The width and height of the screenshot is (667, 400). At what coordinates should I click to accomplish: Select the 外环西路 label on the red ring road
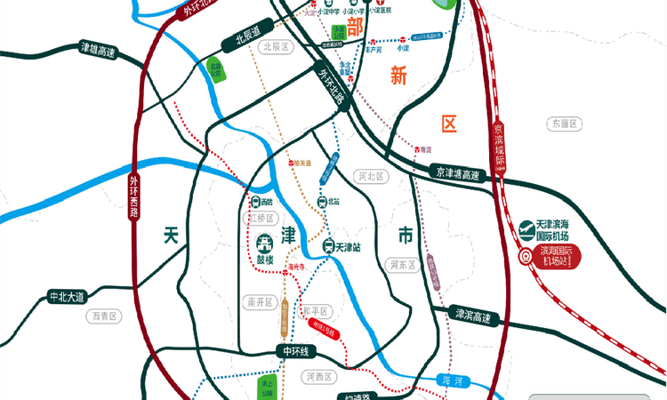point(134,197)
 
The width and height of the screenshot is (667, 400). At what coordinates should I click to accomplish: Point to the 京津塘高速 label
point(458,172)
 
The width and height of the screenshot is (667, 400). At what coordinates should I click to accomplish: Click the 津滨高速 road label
point(473,315)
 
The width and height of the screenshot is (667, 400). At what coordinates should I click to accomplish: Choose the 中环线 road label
point(294,352)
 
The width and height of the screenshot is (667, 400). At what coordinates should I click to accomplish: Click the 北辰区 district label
point(273,47)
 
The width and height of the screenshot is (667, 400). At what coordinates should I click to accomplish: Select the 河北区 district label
point(370,176)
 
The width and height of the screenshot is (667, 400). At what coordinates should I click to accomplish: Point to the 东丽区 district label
point(564,124)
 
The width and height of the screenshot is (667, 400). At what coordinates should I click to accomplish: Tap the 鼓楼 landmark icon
point(266,246)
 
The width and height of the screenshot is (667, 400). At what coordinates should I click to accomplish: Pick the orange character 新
point(398,76)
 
